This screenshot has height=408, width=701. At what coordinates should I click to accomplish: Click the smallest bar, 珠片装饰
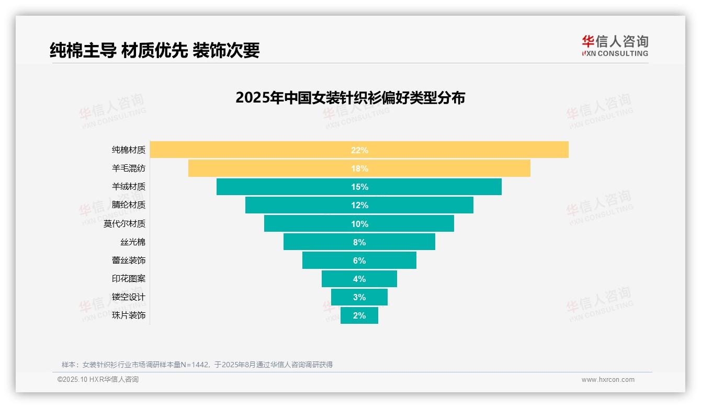[x=348, y=315]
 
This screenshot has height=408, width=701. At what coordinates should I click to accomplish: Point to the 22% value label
[x=359, y=150]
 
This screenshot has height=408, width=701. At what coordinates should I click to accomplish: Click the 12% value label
[x=359, y=205]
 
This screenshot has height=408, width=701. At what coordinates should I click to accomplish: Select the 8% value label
[x=359, y=242]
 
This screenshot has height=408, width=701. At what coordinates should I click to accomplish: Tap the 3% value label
[x=359, y=297]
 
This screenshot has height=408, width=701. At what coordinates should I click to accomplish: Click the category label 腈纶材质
[x=129, y=205]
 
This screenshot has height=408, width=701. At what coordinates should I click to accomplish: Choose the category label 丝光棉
[x=133, y=242]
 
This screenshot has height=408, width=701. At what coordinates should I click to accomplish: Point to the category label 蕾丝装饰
[x=129, y=260]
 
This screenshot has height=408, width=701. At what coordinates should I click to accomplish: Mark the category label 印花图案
[x=129, y=279]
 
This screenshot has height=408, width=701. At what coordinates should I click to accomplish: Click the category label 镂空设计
[x=129, y=297]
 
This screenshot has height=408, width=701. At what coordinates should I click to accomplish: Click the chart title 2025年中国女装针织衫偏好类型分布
[x=350, y=98]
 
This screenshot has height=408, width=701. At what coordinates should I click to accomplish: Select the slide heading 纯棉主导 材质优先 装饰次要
[x=155, y=50]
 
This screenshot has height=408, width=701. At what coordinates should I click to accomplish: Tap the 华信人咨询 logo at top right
[x=615, y=46]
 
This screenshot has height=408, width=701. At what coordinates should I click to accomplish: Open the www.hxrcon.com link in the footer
[x=608, y=380]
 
